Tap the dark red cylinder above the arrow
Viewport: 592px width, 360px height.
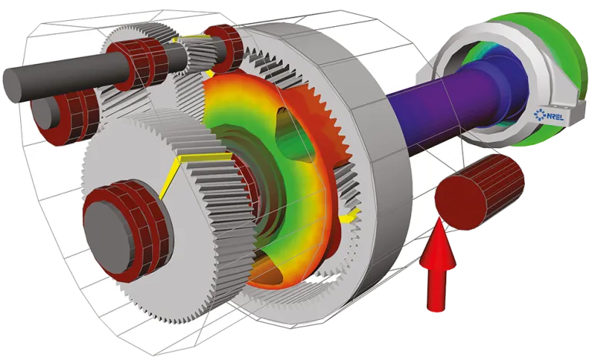click(x=479, y=192)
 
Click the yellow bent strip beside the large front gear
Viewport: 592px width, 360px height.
click(x=180, y=163)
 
